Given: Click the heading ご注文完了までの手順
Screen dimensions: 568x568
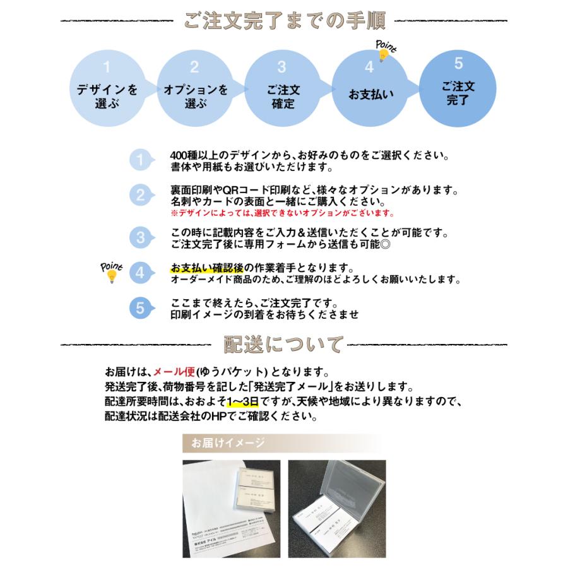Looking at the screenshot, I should pyautogui.click(x=284, y=21).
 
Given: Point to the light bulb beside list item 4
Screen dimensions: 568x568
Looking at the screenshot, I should pyautogui.click(x=112, y=275).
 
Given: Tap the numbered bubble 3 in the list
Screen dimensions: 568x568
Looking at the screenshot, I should pyautogui.click(x=141, y=238).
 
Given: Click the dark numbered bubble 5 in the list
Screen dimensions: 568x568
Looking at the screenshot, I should pyautogui.click(x=141, y=308).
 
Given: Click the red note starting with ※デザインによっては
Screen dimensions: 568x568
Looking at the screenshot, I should pyautogui.click(x=281, y=213).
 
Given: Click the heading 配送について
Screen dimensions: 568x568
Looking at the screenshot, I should pyautogui.click(x=284, y=345).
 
